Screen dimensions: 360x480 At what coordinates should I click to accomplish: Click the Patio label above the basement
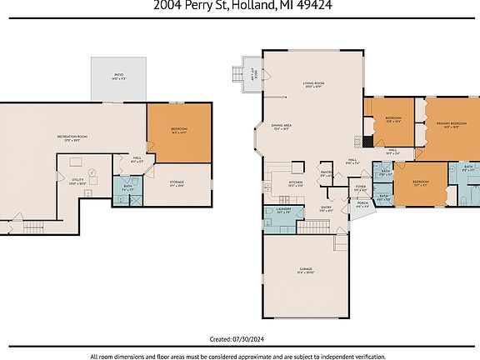[x=119, y=76]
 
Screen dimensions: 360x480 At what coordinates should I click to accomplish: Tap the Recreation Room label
[x=72, y=137]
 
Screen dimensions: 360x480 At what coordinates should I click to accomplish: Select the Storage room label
[x=176, y=183]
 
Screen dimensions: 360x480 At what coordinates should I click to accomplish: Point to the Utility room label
[x=77, y=181]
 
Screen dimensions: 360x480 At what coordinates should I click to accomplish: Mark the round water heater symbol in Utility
[x=93, y=172]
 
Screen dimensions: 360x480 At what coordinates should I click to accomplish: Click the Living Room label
[x=313, y=86]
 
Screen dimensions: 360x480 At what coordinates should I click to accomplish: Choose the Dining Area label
[x=280, y=127]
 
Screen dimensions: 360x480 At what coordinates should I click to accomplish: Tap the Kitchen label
[x=295, y=182]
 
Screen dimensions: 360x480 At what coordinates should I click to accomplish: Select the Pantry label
[x=327, y=174]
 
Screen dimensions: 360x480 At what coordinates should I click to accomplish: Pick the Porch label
[x=362, y=203]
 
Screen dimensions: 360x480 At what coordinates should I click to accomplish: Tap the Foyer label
[x=360, y=188]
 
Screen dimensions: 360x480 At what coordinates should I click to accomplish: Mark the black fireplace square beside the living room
[x=357, y=142]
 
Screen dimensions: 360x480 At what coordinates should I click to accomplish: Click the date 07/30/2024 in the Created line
[x=251, y=339]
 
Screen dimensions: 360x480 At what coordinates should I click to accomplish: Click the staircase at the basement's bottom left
[x=32, y=227]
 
